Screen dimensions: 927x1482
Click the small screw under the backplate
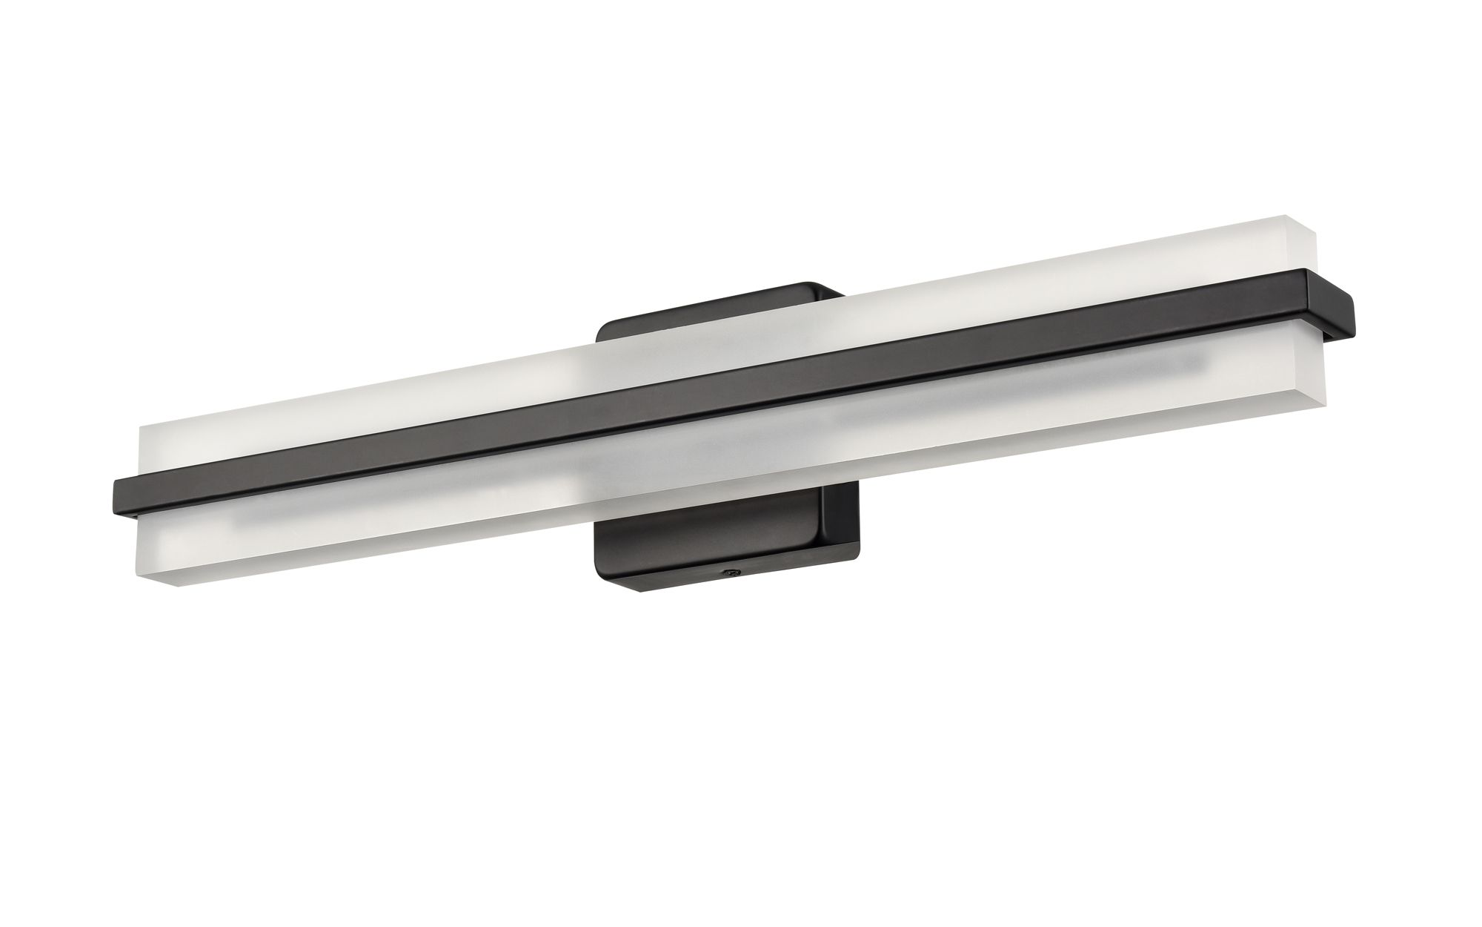tap(731, 571)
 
